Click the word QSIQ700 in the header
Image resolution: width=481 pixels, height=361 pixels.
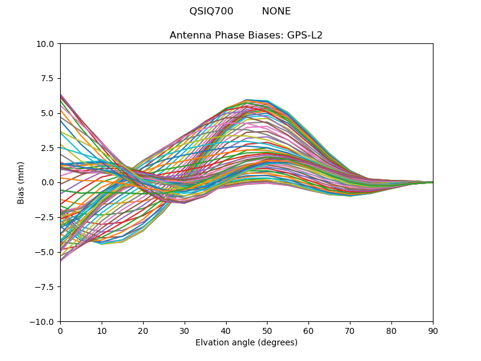(211, 11)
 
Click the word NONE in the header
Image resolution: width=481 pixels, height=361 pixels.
(276, 11)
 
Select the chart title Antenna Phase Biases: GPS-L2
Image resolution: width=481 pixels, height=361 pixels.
(246, 35)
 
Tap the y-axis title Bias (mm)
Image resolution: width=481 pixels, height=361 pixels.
(21, 182)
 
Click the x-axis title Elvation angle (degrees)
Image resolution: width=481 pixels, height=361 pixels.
(247, 343)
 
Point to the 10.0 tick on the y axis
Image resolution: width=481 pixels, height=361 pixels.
(46, 44)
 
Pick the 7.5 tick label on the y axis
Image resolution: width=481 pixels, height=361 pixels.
(48, 78)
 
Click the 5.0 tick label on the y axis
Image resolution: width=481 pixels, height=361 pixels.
(48, 113)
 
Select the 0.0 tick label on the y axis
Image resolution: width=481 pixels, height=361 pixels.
(48, 182)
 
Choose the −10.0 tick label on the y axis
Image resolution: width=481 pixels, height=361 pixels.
(43, 321)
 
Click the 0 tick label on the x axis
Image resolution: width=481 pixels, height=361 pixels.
(60, 331)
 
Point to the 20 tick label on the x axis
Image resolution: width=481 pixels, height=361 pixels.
(143, 331)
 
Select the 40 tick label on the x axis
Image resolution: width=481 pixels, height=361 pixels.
(226, 331)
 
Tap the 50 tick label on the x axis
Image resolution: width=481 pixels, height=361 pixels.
(267, 331)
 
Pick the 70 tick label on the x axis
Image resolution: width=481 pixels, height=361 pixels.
(350, 331)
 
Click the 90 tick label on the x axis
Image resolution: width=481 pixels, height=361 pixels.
(433, 331)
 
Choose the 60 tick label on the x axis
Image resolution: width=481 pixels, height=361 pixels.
(308, 331)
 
